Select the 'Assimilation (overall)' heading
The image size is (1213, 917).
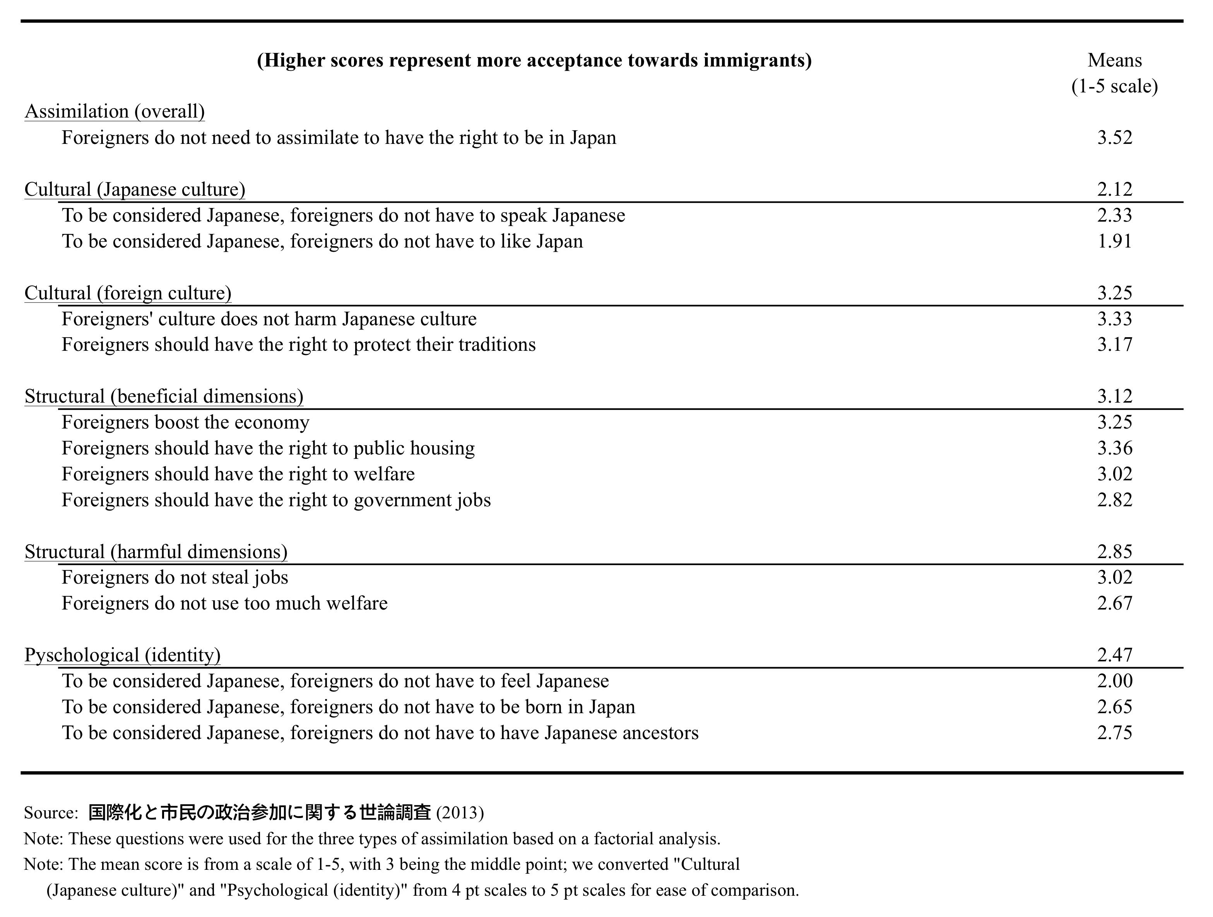pos(115,111)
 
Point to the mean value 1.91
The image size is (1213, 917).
pos(1114,241)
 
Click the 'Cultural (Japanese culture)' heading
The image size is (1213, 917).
pos(135,189)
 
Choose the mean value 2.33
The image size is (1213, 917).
pos(1114,215)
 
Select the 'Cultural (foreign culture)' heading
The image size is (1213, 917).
pos(128,293)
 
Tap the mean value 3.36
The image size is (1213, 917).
pos(1114,448)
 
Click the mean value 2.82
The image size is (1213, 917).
pos(1114,500)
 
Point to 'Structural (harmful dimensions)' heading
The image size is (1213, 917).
pos(156,552)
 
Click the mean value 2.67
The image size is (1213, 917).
pos(1114,603)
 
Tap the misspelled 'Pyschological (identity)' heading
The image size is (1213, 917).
pos(122,655)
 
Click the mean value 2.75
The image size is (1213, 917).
pos(1114,733)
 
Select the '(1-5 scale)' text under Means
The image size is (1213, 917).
pos(1114,86)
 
